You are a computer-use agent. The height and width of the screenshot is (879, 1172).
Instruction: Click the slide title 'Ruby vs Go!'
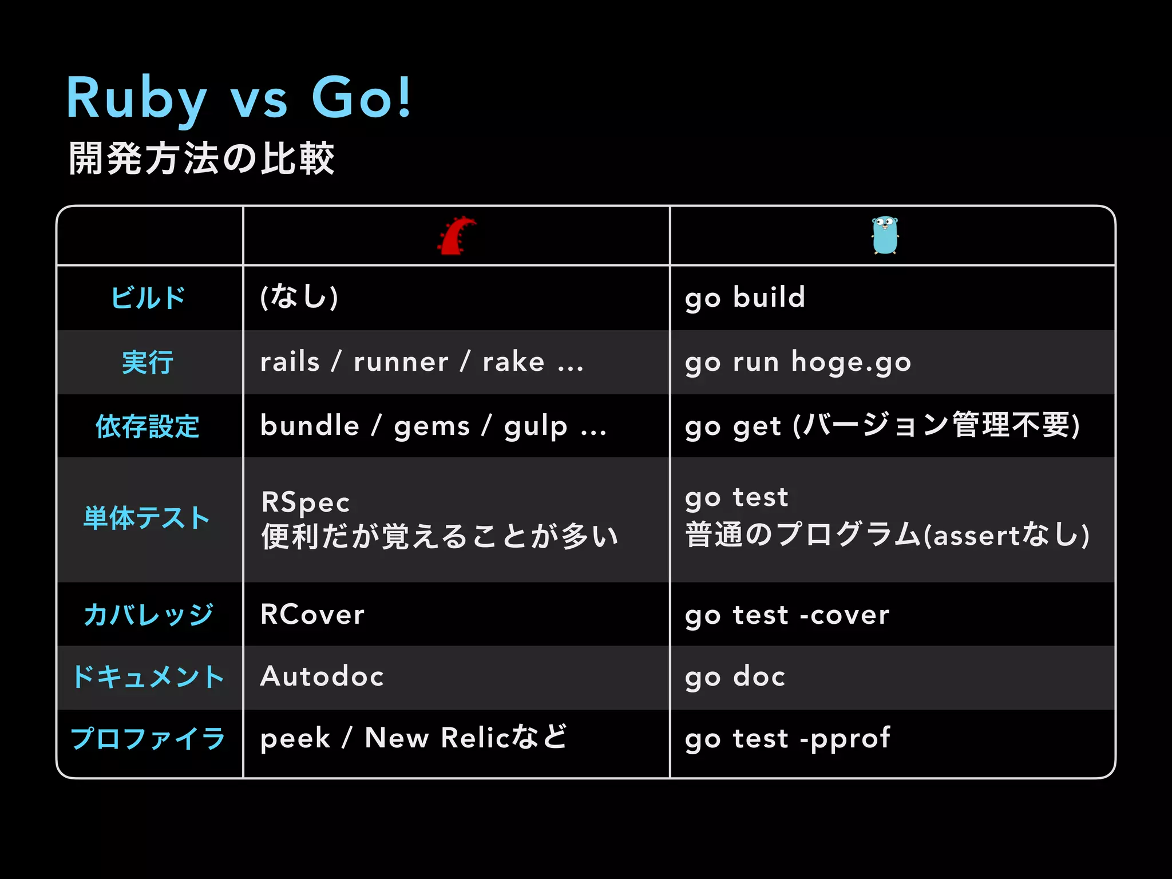[239, 98]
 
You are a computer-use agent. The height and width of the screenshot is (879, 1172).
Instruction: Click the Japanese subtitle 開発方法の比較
[201, 159]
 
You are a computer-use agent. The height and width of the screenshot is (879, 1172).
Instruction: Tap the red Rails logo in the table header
[457, 236]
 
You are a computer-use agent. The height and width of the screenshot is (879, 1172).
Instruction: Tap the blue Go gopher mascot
[885, 235]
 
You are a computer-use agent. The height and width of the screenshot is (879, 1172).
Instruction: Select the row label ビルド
[148, 298]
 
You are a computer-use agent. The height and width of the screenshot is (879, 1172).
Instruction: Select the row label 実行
[148, 362]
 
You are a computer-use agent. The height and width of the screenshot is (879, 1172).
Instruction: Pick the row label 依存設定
[148, 426]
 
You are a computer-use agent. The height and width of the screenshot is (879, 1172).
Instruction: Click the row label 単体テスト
[147, 518]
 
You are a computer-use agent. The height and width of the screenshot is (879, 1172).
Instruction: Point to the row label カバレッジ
[148, 615]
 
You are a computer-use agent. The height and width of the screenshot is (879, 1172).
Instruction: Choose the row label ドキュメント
[148, 677]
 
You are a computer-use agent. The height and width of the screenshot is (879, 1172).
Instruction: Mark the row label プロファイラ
[148, 738]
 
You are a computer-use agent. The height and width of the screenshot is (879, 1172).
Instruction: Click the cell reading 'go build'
[745, 298]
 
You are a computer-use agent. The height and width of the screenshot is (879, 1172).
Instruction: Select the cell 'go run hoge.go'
[798, 362]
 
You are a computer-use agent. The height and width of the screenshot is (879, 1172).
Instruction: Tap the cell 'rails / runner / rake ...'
[422, 362]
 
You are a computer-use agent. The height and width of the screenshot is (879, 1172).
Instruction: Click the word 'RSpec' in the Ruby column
[305, 502]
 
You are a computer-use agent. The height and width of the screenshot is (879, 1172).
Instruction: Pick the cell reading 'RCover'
[312, 615]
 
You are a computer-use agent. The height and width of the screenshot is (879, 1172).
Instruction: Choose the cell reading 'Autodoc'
[322, 676]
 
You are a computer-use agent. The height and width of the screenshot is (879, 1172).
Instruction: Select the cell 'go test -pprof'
[787, 739]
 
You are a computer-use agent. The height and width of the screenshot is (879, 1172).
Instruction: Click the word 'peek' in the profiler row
[295, 739]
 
